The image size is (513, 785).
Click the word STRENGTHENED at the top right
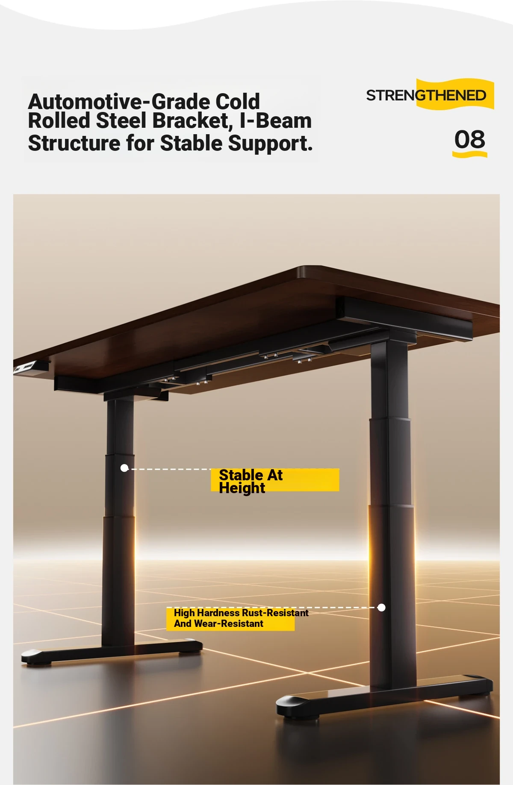(x=426, y=95)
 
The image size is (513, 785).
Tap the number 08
(x=469, y=140)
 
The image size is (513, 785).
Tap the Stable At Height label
(x=251, y=481)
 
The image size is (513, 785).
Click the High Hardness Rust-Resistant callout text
(x=241, y=613)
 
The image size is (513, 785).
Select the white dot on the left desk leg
(x=124, y=468)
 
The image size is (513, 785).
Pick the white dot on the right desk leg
(x=382, y=607)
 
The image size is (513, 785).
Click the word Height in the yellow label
(x=242, y=488)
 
